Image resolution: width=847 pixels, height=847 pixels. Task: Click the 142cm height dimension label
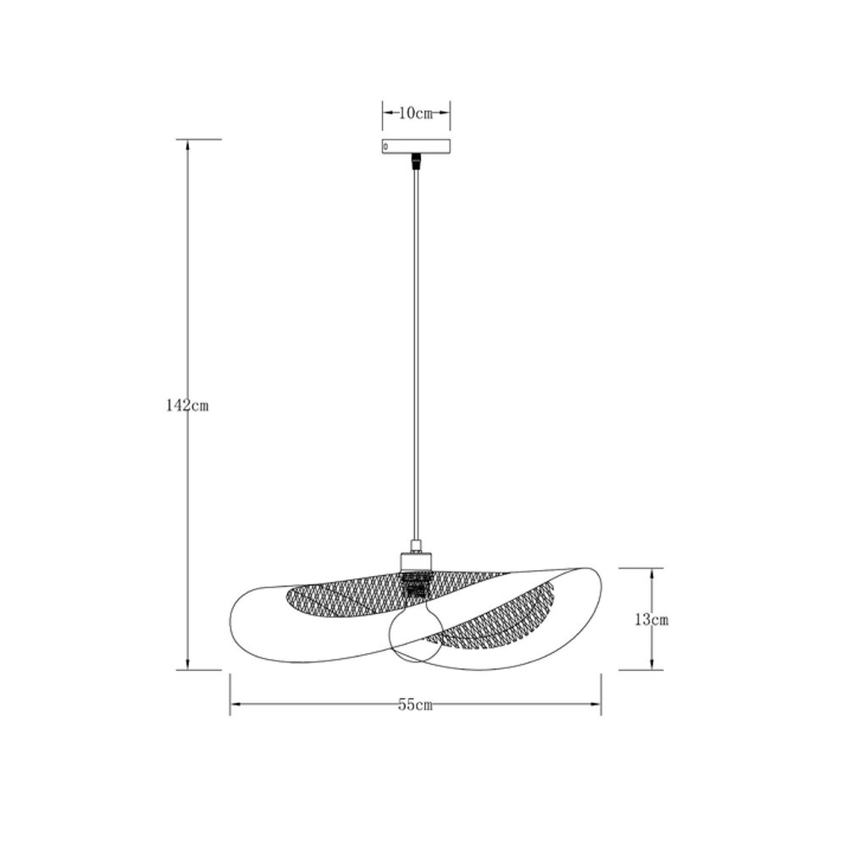(x=187, y=406)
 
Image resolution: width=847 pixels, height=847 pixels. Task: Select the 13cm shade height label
(x=651, y=619)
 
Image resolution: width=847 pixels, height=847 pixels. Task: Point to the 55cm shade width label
(x=415, y=705)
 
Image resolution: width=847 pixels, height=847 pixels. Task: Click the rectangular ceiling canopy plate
(x=415, y=146)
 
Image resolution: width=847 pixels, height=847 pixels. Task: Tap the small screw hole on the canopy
(x=387, y=147)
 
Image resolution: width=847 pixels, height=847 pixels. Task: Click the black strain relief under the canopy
(x=415, y=161)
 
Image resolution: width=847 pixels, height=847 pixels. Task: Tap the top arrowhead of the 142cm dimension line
(x=187, y=143)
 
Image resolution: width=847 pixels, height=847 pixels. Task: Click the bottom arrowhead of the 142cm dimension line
(x=187, y=665)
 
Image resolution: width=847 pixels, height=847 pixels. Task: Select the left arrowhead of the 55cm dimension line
(x=235, y=704)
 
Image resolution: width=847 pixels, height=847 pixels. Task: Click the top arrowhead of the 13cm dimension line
(x=651, y=572)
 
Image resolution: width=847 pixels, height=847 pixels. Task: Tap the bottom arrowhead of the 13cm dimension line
(x=651, y=665)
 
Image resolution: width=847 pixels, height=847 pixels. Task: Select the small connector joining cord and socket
(x=415, y=545)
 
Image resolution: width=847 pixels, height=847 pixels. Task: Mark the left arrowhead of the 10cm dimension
(x=385, y=113)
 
